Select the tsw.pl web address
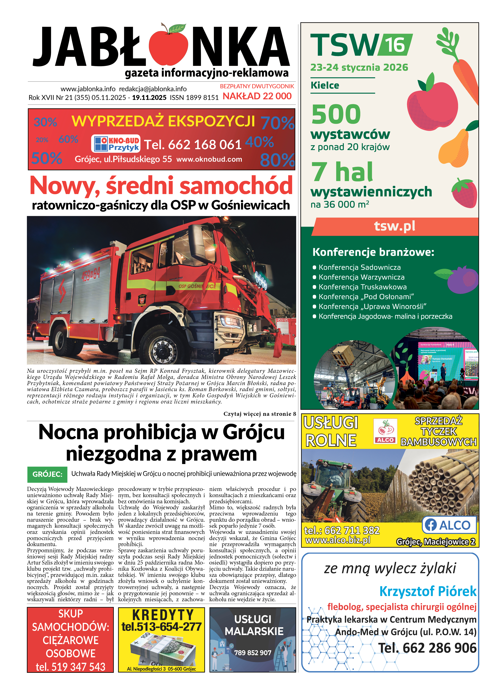click(x=395, y=226)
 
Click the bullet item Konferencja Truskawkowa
click(x=362, y=287)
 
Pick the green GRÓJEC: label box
click(x=47, y=474)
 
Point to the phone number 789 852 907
click(x=253, y=653)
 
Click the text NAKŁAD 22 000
click(x=257, y=96)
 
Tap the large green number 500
click(x=336, y=114)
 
